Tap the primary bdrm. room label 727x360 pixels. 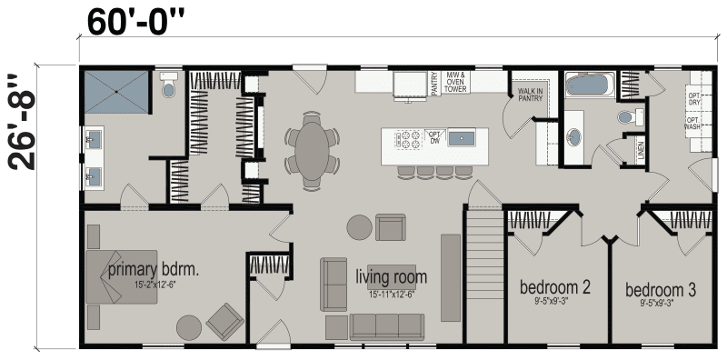point(153,270)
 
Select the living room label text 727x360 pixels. point(392,276)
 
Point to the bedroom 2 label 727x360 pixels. point(555,288)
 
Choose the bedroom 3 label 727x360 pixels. point(661,290)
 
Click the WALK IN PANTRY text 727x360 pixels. point(530,95)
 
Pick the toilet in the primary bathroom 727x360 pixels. point(167,88)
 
